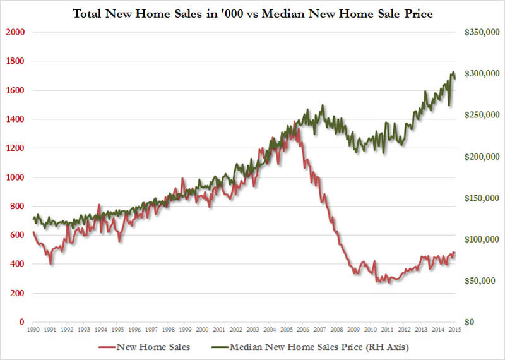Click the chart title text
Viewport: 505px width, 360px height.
click(252, 12)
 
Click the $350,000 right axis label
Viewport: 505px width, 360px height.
click(480, 32)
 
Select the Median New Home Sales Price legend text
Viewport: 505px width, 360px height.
click(321, 346)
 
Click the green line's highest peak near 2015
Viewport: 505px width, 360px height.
click(453, 72)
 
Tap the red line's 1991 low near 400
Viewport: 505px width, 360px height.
click(51, 263)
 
